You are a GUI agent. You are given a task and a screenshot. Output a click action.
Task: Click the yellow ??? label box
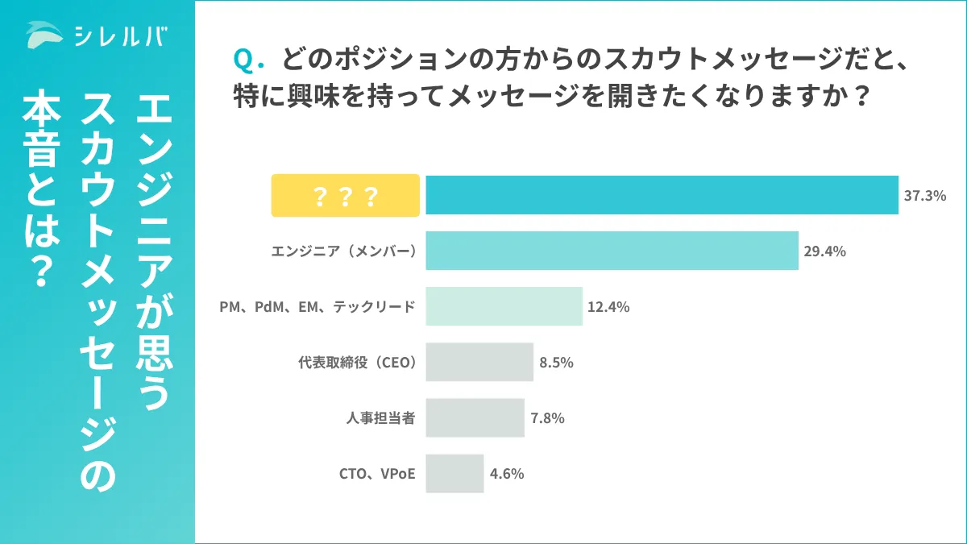pyautogui.click(x=345, y=196)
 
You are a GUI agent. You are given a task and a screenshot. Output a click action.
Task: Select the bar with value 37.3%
pyautogui.click(x=662, y=195)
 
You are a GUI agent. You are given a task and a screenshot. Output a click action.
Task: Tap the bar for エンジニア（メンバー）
pyautogui.click(x=612, y=251)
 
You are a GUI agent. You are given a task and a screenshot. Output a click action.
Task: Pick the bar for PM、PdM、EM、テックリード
pyautogui.click(x=504, y=306)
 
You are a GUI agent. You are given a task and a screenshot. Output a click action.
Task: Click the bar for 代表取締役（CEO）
pyautogui.click(x=479, y=362)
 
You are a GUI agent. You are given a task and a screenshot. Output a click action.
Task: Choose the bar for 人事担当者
pyautogui.click(x=475, y=417)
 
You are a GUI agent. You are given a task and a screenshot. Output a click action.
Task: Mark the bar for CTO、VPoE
pyautogui.click(x=454, y=473)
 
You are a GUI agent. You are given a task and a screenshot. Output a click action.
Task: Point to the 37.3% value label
pyautogui.click(x=925, y=196)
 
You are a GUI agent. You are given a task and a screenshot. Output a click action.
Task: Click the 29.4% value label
pyautogui.click(x=824, y=251)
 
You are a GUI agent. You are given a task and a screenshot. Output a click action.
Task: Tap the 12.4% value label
pyautogui.click(x=609, y=307)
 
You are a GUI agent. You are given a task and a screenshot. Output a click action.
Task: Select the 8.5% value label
pyautogui.click(x=556, y=363)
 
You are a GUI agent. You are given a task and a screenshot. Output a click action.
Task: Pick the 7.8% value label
pyautogui.click(x=547, y=418)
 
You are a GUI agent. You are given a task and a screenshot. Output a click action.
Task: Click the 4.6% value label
pyautogui.click(x=507, y=474)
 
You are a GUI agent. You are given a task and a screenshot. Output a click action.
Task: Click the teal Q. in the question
pyautogui.click(x=243, y=60)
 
